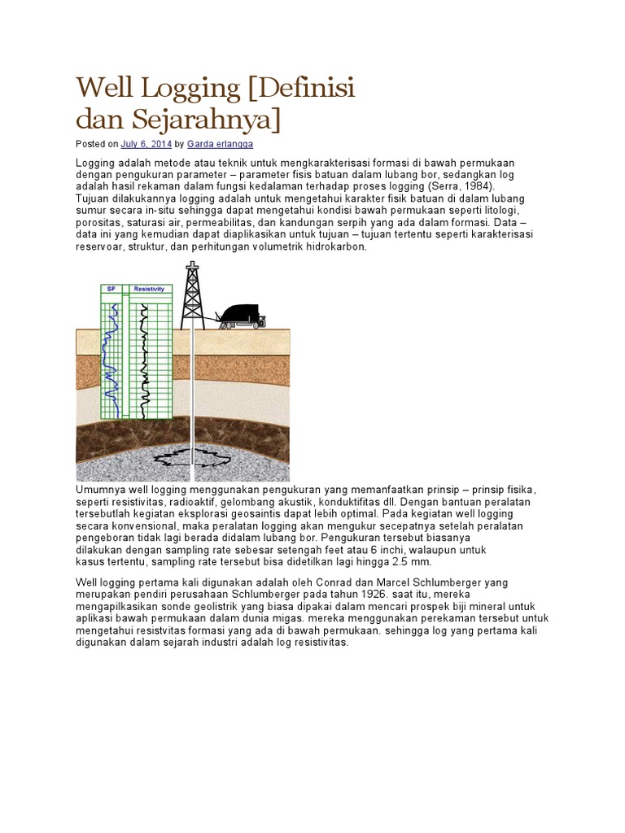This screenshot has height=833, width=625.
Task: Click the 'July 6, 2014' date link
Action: (146, 144)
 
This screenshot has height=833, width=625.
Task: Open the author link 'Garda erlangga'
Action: (220, 144)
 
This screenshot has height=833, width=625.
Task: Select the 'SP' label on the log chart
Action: (111, 289)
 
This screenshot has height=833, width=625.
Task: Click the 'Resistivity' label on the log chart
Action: (149, 289)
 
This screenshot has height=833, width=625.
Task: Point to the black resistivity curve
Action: (145, 358)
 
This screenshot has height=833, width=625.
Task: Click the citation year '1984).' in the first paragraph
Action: (478, 186)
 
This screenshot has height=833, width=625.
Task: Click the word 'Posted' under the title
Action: (90, 144)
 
